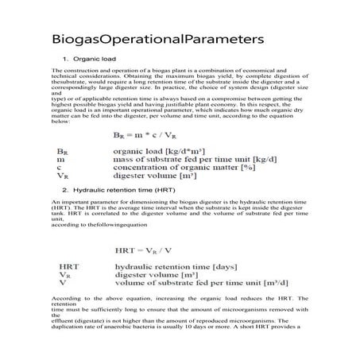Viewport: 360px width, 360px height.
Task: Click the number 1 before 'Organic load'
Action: pyautogui.click(x=64, y=60)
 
